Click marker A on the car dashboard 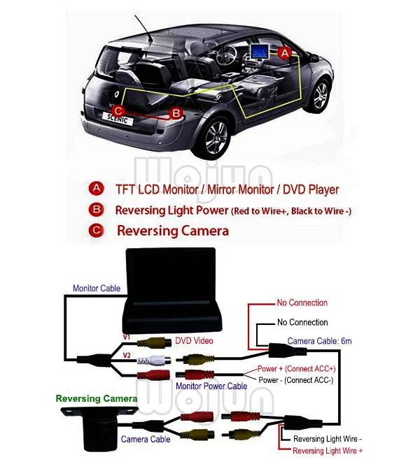point(284,52)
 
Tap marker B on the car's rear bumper point(176,112)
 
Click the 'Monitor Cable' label point(96,288)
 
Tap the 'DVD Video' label point(194,340)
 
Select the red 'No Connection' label point(302,303)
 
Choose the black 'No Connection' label point(302,322)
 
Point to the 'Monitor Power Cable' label point(211,386)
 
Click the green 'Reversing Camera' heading point(97,398)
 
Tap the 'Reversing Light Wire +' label point(328,451)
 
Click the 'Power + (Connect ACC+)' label point(296,368)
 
